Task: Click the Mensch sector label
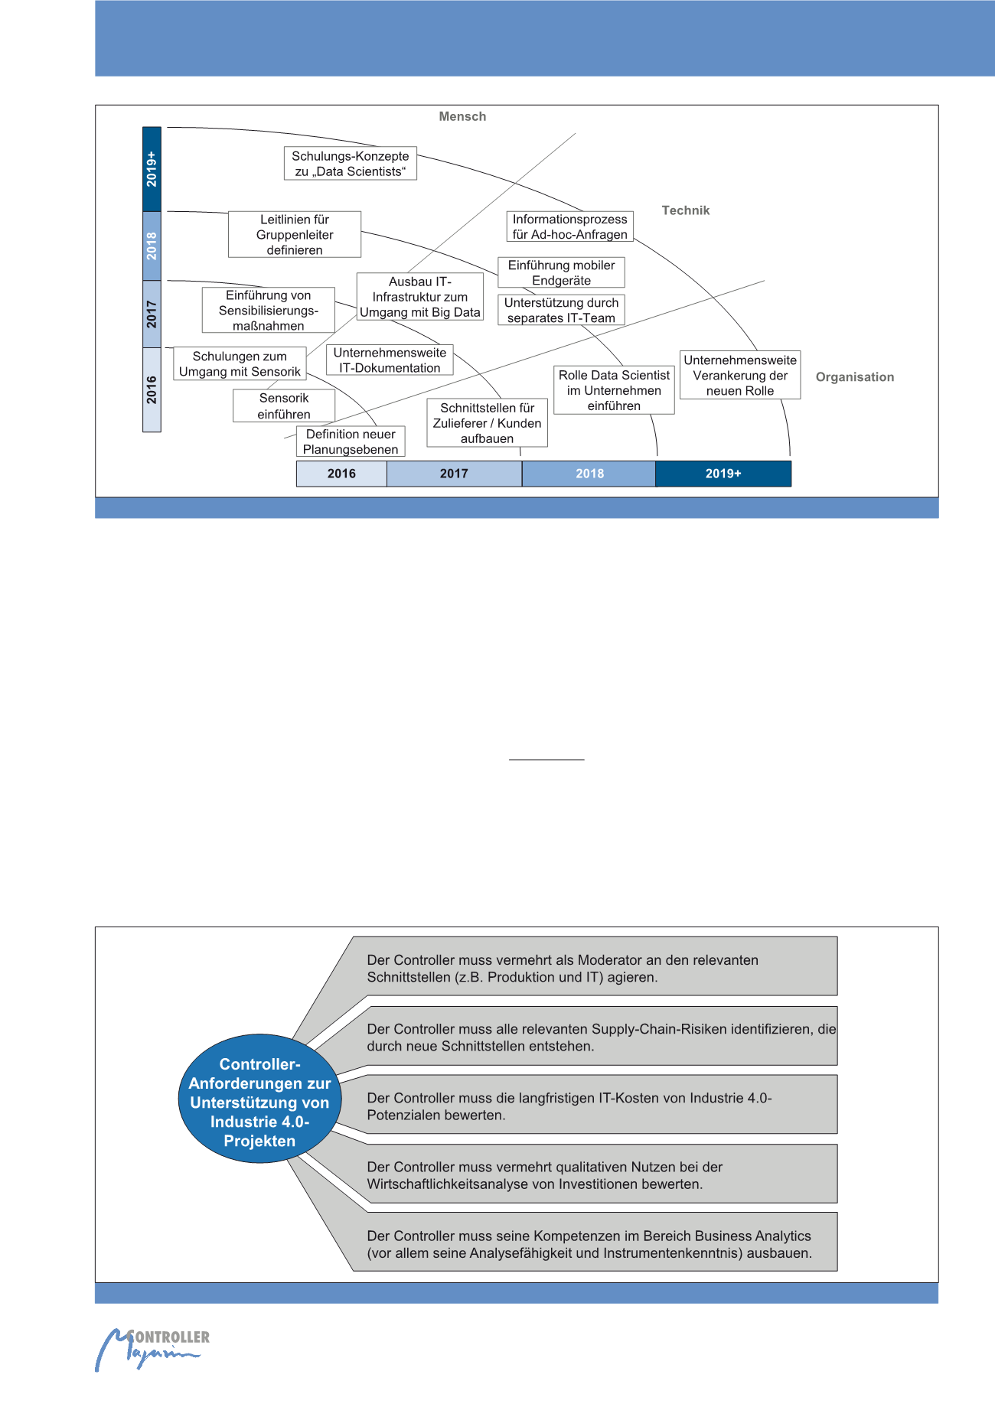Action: pos(462,116)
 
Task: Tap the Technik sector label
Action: pos(685,210)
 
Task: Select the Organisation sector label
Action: pos(854,377)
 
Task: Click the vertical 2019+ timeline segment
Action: pos(152,169)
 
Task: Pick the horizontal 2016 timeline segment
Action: pos(341,474)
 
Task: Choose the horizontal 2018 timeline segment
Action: pos(589,474)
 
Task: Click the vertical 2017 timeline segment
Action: pos(152,314)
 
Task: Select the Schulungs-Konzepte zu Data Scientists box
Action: pos(351,164)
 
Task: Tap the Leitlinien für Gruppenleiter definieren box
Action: pos(295,235)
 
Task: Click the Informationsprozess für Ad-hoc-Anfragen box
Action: pos(569,226)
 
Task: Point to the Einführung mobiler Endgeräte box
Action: pos(561,272)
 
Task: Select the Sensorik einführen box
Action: pos(284,405)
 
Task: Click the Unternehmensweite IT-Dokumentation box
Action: pos(390,360)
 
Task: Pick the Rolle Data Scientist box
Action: pos(614,390)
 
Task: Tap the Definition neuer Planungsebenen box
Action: pos(351,441)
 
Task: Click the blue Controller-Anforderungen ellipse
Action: pos(259,1102)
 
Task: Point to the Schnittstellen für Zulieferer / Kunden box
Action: pos(487,423)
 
